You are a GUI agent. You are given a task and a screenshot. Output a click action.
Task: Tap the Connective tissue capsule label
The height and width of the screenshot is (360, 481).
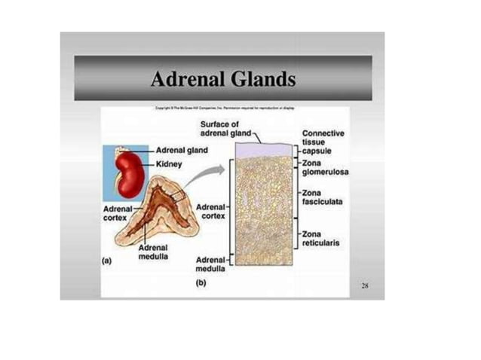[323, 141]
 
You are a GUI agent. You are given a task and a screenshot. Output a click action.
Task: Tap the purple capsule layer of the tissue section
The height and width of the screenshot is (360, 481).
[264, 150]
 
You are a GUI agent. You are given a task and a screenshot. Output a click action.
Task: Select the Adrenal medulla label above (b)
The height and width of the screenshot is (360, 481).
[210, 263]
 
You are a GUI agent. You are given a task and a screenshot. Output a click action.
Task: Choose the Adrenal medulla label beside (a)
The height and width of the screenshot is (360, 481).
[153, 252]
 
